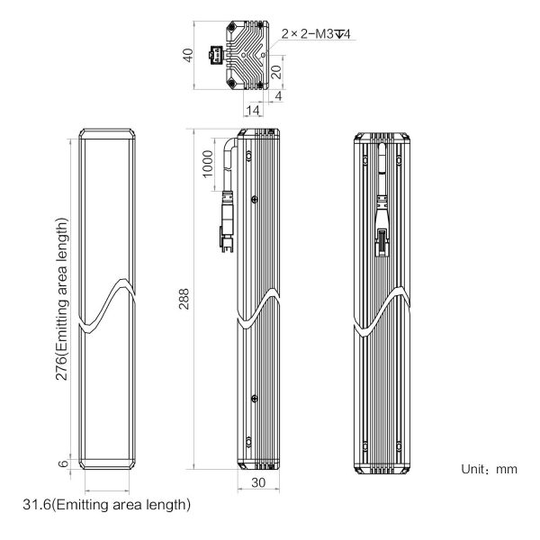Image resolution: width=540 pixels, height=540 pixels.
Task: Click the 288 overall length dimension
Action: (x=184, y=299)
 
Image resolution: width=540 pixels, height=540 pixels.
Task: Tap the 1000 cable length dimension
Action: (x=207, y=164)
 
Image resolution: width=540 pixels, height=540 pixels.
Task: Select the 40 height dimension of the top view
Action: (x=188, y=55)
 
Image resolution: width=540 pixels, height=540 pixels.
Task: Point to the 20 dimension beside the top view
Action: (x=277, y=72)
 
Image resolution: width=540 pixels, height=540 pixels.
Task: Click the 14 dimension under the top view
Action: (x=253, y=111)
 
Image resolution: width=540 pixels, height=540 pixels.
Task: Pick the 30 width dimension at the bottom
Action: (x=258, y=482)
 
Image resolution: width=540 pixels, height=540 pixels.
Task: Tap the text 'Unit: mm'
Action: (x=489, y=469)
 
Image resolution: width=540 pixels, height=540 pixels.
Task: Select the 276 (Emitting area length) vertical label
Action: (x=62, y=299)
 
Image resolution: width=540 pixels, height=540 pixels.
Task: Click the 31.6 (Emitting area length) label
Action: (x=107, y=505)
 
